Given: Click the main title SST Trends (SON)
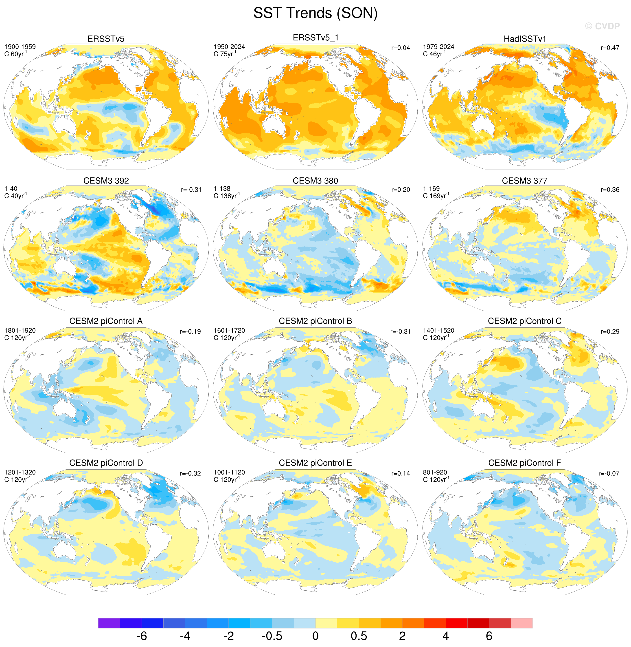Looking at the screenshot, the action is click(x=315, y=13).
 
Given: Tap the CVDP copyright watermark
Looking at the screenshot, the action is click(x=602, y=26).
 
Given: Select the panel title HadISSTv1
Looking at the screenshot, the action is click(x=525, y=39).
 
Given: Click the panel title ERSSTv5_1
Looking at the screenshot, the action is click(x=315, y=38).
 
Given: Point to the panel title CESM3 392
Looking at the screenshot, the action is click(x=106, y=181).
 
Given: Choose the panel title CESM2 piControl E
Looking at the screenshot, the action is click(x=315, y=463).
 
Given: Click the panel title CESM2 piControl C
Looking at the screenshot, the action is click(x=525, y=321).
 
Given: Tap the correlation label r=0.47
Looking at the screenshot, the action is click(x=610, y=48).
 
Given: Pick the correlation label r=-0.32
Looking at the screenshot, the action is click(x=190, y=474).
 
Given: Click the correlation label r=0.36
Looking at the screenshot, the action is click(x=610, y=190).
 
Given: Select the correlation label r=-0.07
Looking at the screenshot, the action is click(x=609, y=474).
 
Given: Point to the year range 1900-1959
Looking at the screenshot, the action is click(x=20, y=47).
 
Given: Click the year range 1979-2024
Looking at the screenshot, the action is click(x=438, y=47).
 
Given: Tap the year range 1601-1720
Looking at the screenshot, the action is click(x=229, y=331).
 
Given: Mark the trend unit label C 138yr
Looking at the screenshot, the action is click(x=227, y=196).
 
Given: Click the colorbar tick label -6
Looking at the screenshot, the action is click(x=142, y=636).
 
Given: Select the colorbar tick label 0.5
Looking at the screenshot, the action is click(x=359, y=636).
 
